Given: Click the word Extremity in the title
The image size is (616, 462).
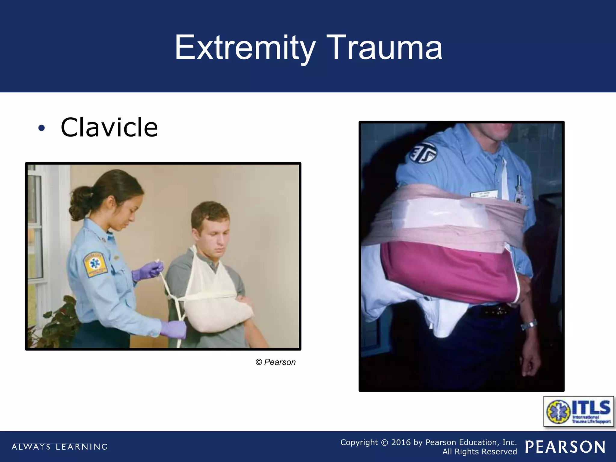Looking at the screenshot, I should click(x=245, y=48).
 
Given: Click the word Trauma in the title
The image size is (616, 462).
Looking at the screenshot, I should click(x=384, y=48).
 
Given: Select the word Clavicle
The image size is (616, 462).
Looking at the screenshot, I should click(x=109, y=128).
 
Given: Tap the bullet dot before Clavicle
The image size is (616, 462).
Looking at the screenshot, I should click(x=42, y=128).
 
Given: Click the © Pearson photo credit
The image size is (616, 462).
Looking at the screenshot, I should click(x=276, y=362).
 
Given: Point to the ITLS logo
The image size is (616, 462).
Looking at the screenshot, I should click(x=579, y=411).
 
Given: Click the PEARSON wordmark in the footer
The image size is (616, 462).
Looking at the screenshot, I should click(x=565, y=447).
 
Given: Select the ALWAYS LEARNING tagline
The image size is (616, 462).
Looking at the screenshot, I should click(x=60, y=447).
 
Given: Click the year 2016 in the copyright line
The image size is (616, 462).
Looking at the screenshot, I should click(x=401, y=442).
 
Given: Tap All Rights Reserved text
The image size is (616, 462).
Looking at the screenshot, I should click(x=479, y=452).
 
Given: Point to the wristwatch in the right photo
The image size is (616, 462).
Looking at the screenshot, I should click(x=529, y=325).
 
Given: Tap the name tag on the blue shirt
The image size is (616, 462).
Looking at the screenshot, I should click(x=484, y=194).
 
